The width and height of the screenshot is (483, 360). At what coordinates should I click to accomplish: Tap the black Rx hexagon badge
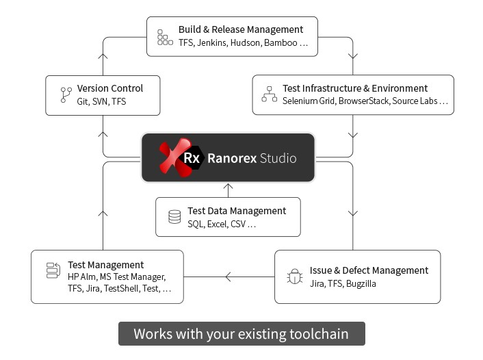coord(192,158)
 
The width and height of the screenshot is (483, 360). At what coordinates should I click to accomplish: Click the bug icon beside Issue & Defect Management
coord(295,277)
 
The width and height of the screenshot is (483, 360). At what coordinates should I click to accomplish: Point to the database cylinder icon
coord(174,217)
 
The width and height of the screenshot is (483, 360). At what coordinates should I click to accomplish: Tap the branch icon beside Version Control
coord(66,95)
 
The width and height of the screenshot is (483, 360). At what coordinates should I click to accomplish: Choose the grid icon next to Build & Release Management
coord(165,37)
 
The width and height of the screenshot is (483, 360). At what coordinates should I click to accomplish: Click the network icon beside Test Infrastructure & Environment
coord(269,94)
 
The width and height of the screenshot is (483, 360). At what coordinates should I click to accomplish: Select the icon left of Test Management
coord(53,271)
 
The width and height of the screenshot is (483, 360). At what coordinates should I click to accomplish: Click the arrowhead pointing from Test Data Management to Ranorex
coord(228,186)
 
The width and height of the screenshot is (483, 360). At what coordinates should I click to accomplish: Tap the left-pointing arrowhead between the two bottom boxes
coord(229,277)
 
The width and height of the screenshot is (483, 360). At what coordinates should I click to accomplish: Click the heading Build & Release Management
coord(240,29)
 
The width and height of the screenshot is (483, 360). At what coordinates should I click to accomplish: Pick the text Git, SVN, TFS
coord(101,101)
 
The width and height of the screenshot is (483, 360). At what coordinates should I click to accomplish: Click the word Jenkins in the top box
coord(212,42)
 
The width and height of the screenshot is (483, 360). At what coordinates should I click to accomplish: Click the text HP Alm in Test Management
coord(82,277)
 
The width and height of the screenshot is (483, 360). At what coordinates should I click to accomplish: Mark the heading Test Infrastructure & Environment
coord(355,88)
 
